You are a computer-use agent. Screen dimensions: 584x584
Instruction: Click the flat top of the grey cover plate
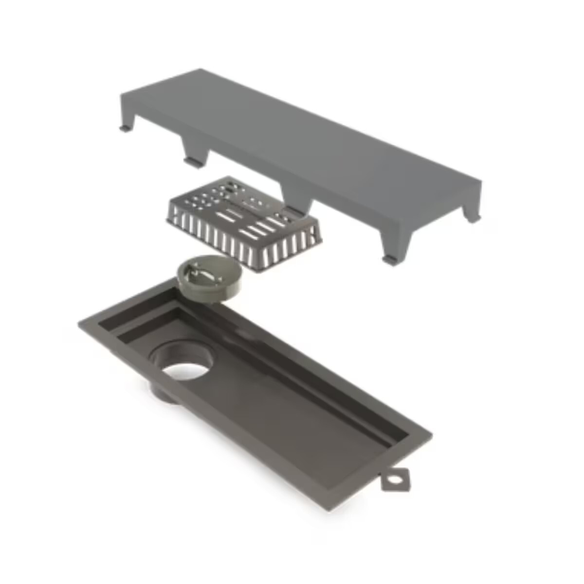(302, 141)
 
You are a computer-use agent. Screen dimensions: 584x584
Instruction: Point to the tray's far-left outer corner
(80, 323)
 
